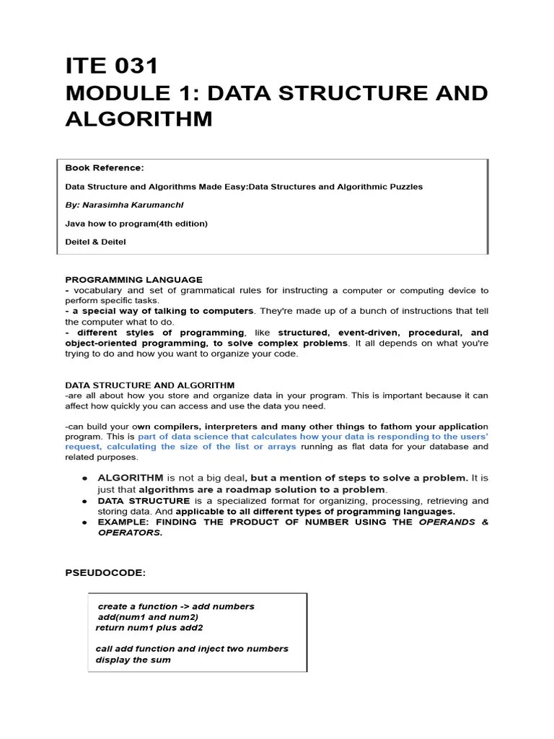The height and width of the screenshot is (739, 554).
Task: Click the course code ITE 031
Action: pos(111,66)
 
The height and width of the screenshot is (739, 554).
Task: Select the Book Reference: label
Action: pos(105,167)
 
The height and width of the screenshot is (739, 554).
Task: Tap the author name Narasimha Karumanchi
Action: pos(136,205)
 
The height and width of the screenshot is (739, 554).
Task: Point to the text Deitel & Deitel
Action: pos(95,242)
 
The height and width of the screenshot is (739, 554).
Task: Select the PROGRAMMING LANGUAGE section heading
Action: pos(133,279)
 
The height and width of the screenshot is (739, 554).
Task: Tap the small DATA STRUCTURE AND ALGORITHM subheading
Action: pos(149,385)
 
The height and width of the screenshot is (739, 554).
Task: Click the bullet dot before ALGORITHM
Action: pos(84,478)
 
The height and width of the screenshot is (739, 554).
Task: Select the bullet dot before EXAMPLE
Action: pos(84,522)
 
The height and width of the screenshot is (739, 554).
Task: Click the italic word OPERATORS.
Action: pos(130,533)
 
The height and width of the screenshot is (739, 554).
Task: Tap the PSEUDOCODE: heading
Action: pos(105,572)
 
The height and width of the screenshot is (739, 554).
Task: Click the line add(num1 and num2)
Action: pos(148,617)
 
